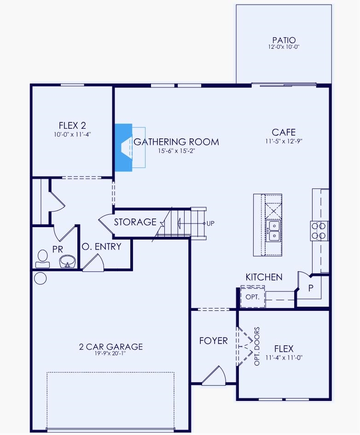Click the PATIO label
point(284,40)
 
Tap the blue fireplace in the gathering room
point(123,147)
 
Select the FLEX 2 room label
point(72,125)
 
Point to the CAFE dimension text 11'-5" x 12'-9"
point(284,141)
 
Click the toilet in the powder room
point(42,258)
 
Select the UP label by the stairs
point(210,223)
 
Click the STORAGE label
point(135,222)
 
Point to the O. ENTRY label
point(101,247)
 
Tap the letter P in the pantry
point(311,288)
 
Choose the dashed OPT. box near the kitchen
point(253,297)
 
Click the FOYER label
point(213,341)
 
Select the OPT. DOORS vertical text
point(257,346)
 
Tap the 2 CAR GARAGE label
point(110,347)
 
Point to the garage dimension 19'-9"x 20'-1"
point(110,354)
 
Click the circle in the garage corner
point(40,278)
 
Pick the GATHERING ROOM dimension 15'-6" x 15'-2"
point(176,150)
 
